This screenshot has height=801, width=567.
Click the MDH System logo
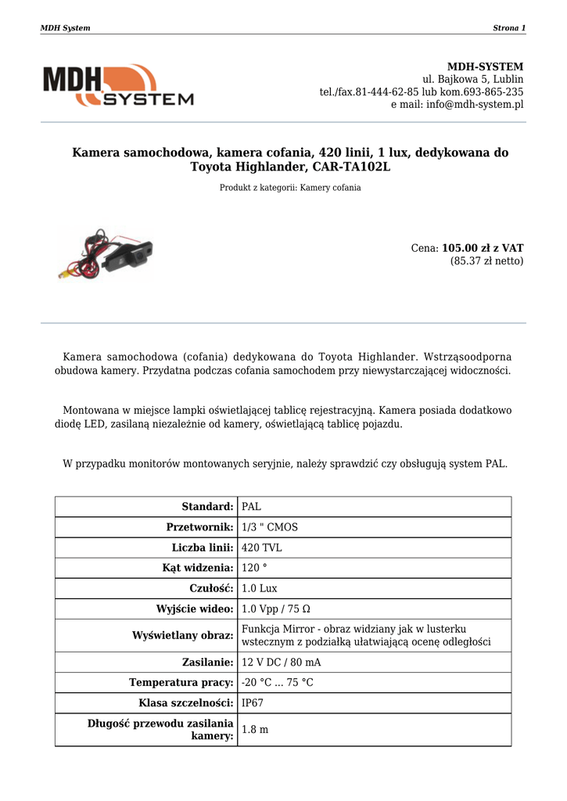118,85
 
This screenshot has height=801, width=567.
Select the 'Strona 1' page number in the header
509,28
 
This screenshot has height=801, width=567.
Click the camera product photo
104,253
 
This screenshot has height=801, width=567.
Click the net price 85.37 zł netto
486,261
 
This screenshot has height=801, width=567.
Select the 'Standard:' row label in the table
207,507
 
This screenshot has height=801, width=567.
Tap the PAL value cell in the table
252,507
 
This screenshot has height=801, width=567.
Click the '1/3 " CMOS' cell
270,527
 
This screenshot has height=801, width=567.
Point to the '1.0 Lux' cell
260,588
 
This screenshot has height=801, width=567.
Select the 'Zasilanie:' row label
208,663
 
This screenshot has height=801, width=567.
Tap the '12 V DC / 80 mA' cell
282,663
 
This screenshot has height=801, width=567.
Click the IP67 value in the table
253,703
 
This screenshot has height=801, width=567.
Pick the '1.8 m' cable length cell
255,730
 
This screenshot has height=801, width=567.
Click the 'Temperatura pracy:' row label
181,683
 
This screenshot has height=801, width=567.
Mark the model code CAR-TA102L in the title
351,167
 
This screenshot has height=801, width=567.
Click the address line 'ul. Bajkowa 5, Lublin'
473,79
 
